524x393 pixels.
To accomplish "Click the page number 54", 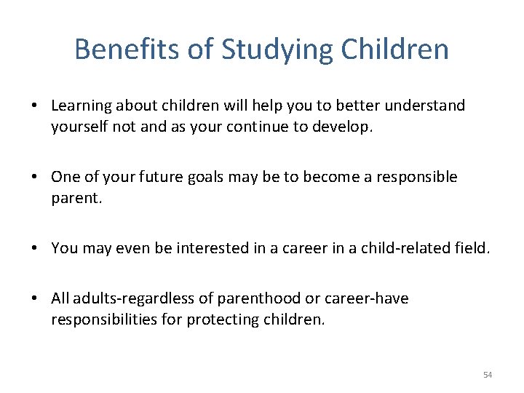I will (x=487, y=375).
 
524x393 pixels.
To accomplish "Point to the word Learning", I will (x=79, y=106).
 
